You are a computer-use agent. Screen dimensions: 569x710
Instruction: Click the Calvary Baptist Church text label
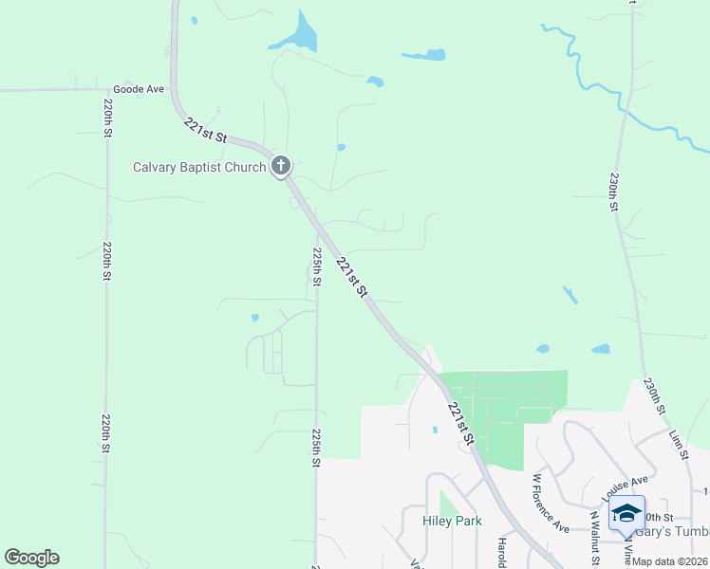198,168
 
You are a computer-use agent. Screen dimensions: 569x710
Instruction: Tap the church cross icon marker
280,167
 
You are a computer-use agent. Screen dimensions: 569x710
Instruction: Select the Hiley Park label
452,521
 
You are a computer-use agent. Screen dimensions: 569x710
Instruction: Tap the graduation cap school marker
626,513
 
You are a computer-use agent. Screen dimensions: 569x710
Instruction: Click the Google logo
31,558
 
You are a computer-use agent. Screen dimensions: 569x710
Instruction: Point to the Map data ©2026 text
669,561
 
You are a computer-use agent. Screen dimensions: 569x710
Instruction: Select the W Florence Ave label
551,503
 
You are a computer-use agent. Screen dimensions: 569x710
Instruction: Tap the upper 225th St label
316,266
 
